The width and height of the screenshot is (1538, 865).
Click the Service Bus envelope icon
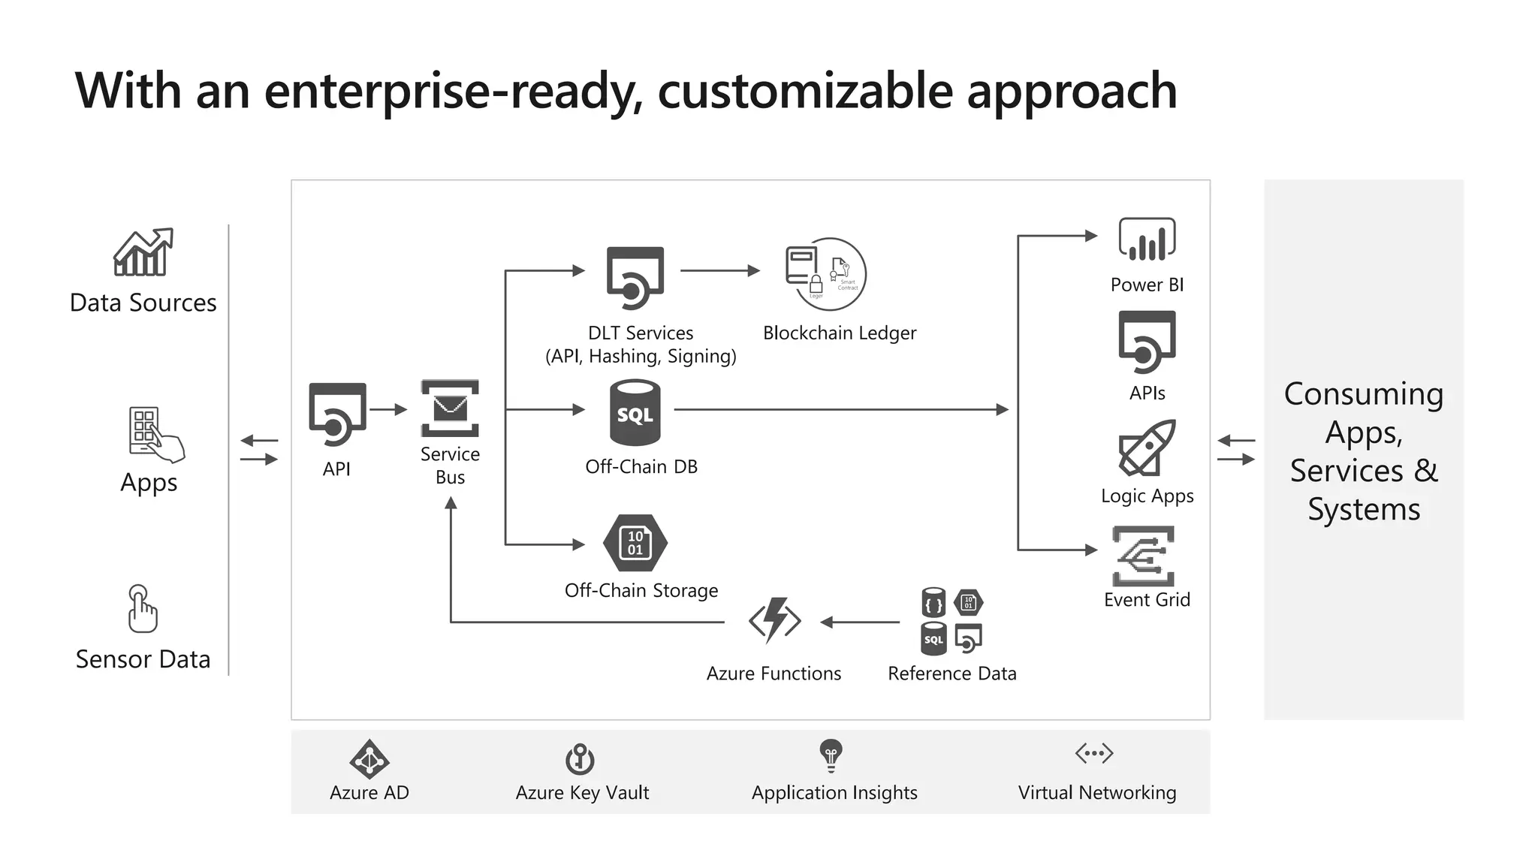pos(450,408)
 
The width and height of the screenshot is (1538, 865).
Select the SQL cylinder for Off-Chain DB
pos(635,413)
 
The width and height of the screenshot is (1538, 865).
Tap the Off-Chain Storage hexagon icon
pos(635,543)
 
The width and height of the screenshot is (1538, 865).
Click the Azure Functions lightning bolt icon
pos(775,621)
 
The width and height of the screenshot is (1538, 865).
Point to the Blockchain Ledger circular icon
pos(827,275)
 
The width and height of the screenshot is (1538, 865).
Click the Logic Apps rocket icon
pos(1146,448)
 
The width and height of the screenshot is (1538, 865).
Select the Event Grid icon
pos(1144,556)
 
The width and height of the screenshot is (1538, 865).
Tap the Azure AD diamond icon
pos(369,759)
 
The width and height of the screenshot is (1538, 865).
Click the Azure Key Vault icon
pos(580,758)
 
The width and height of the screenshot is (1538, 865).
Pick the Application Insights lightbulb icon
pos(831,755)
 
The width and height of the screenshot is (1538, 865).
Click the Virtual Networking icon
pos(1094,753)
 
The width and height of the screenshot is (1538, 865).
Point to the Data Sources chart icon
pos(143,252)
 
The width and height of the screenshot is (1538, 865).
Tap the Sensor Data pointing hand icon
pos(142,609)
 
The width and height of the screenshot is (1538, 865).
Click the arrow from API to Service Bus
pos(388,410)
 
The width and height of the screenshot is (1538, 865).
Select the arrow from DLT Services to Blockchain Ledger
pos(720,271)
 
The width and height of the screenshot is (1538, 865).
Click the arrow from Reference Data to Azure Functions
pos(860,622)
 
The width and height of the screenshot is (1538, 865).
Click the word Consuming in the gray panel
pos(1363,394)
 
